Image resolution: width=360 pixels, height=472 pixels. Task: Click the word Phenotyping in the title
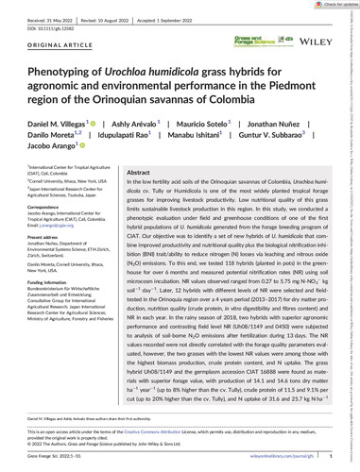click(x=68, y=69)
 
